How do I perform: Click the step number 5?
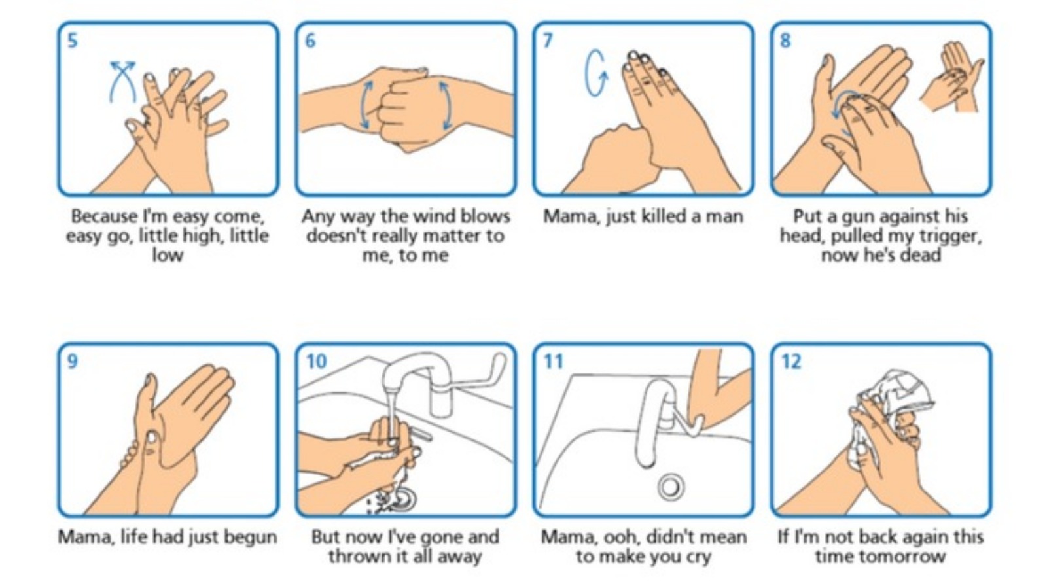coord(72,41)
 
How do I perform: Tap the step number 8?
coord(785,41)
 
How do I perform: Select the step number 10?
coord(316,361)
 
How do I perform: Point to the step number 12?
coord(791,361)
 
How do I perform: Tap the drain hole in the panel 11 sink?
coord(671,487)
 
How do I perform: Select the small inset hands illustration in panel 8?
coord(951,77)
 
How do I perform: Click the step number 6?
coord(310,41)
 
